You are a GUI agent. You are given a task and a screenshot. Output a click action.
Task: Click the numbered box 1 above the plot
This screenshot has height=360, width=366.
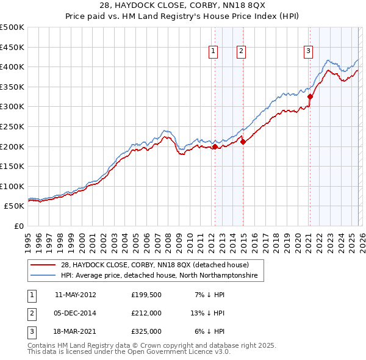(x=213, y=52)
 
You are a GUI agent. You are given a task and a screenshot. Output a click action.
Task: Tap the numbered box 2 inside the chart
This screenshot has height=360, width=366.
(x=242, y=52)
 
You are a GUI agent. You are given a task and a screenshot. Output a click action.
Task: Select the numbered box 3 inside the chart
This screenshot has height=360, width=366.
(x=309, y=52)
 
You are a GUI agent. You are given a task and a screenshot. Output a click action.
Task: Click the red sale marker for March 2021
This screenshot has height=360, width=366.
(x=310, y=96)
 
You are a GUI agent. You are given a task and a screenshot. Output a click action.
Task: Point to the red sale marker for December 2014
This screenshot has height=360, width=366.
(x=243, y=142)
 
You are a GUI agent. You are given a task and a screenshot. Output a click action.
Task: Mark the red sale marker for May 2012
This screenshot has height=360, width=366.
(x=215, y=146)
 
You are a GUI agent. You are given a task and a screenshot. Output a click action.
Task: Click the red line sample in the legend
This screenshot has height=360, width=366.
(x=44, y=265)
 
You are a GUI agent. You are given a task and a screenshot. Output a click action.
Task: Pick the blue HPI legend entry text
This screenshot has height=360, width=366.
(x=159, y=276)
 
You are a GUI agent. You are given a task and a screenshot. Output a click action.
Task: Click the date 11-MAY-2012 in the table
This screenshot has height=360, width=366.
(x=75, y=294)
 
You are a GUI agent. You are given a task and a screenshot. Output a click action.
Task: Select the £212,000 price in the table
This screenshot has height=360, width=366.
(x=146, y=313)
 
